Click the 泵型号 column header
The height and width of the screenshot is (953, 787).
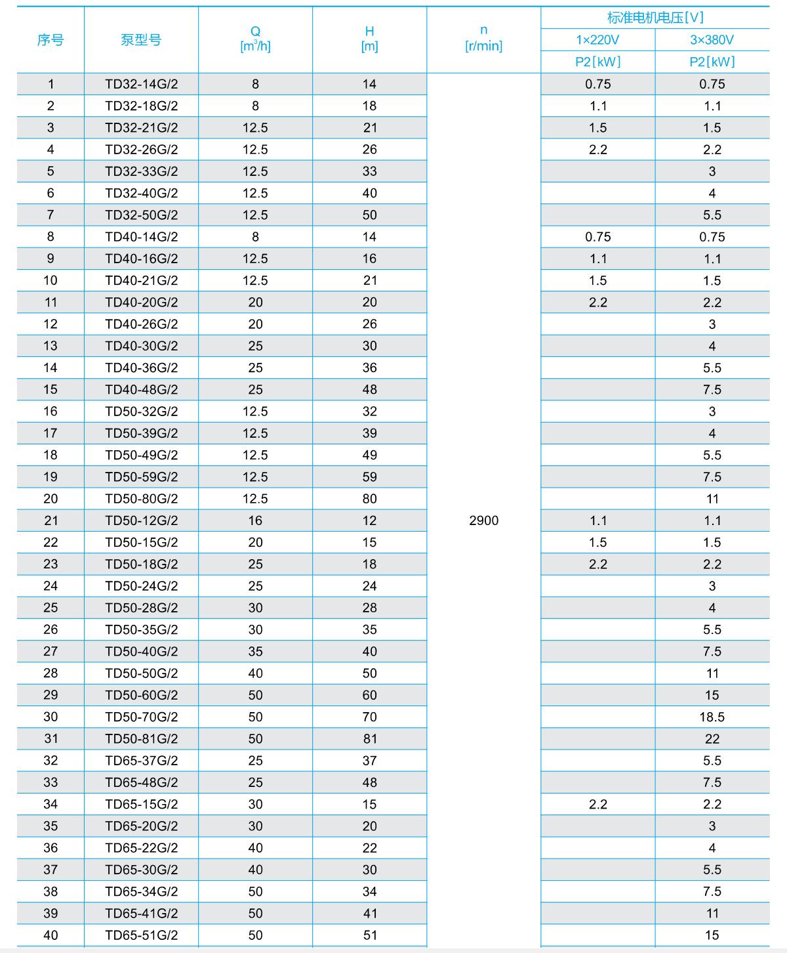pos(141,40)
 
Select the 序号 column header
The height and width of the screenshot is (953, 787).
pos(50,40)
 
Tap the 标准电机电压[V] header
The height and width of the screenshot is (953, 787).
pos(655,18)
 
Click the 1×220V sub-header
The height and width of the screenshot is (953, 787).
pos(597,40)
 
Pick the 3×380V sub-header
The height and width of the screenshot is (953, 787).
pos(712,40)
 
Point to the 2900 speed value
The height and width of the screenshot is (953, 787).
pos(484,520)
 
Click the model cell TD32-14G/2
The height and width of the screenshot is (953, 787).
pos(142,84)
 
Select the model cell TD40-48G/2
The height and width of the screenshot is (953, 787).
pos(142,389)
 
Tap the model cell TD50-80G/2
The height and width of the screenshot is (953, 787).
pos(142,499)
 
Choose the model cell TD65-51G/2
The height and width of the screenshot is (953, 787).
pos(142,935)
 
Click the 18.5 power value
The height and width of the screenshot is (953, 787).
pos(712,717)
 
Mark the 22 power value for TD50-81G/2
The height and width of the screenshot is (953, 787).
pos(712,738)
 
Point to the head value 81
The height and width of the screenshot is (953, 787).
pos(370,738)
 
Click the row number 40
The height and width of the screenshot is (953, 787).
pos(50,935)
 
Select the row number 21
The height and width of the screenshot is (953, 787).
pos(50,520)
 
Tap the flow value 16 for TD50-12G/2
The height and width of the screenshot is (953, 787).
pos(255,520)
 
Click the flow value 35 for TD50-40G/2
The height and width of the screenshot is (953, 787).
pos(255,651)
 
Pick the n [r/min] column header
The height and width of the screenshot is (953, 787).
pos(484,38)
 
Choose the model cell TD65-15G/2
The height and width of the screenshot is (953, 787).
pos(142,804)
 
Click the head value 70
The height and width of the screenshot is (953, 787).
pos(370,717)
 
